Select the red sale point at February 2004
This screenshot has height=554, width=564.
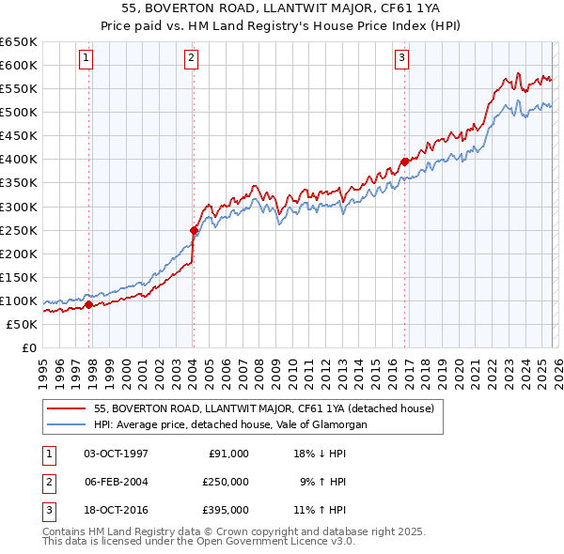194,229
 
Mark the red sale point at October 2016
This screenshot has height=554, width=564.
405,162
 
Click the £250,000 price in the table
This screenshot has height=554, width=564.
226,481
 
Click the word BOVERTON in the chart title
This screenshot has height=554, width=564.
185,8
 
